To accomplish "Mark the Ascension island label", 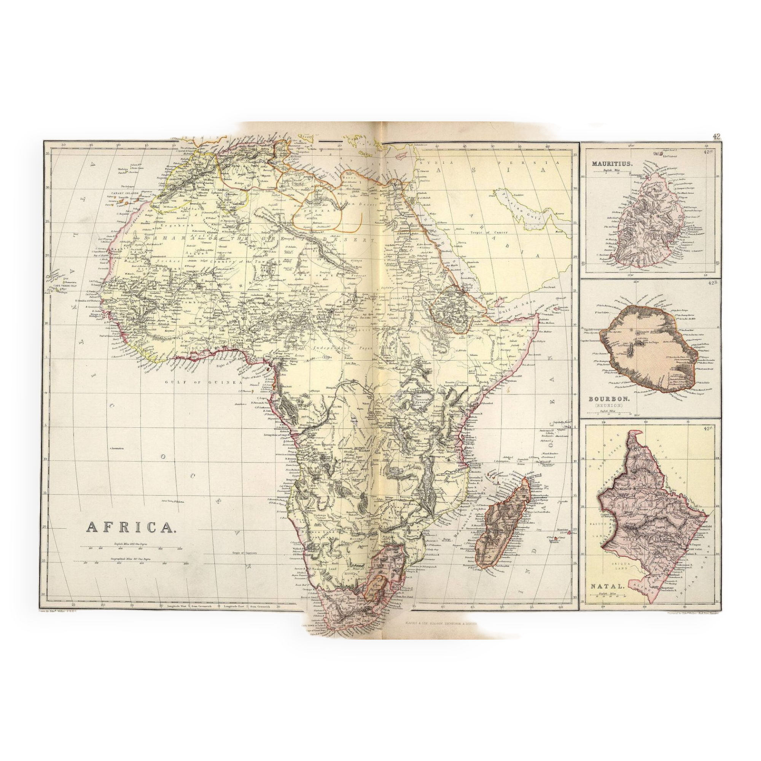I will tap(116, 448).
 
